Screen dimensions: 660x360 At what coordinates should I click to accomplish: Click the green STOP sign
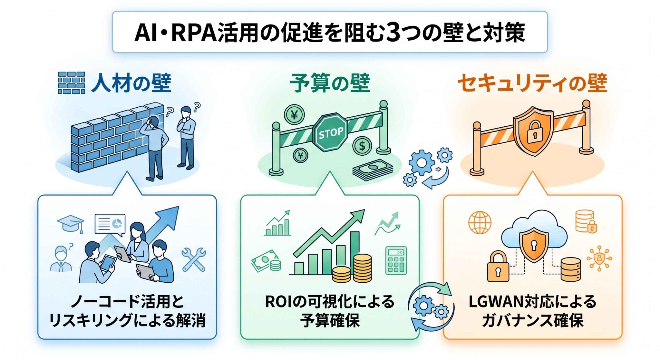330,132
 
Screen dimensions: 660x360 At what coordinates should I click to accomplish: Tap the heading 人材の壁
131,83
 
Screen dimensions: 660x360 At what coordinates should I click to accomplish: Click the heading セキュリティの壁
532,83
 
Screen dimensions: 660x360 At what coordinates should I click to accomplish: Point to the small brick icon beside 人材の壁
71,83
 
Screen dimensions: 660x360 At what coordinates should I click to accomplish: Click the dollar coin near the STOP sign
362,146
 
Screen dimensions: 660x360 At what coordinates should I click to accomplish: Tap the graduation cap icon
71,223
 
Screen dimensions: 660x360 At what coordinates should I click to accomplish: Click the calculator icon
396,260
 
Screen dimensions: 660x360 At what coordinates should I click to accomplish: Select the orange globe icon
480,222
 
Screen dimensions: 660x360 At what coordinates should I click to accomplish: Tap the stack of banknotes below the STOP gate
373,169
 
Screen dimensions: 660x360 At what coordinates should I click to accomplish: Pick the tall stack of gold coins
362,268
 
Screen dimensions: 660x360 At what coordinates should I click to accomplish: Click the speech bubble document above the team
110,224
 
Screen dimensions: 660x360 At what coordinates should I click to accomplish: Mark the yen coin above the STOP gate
294,114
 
